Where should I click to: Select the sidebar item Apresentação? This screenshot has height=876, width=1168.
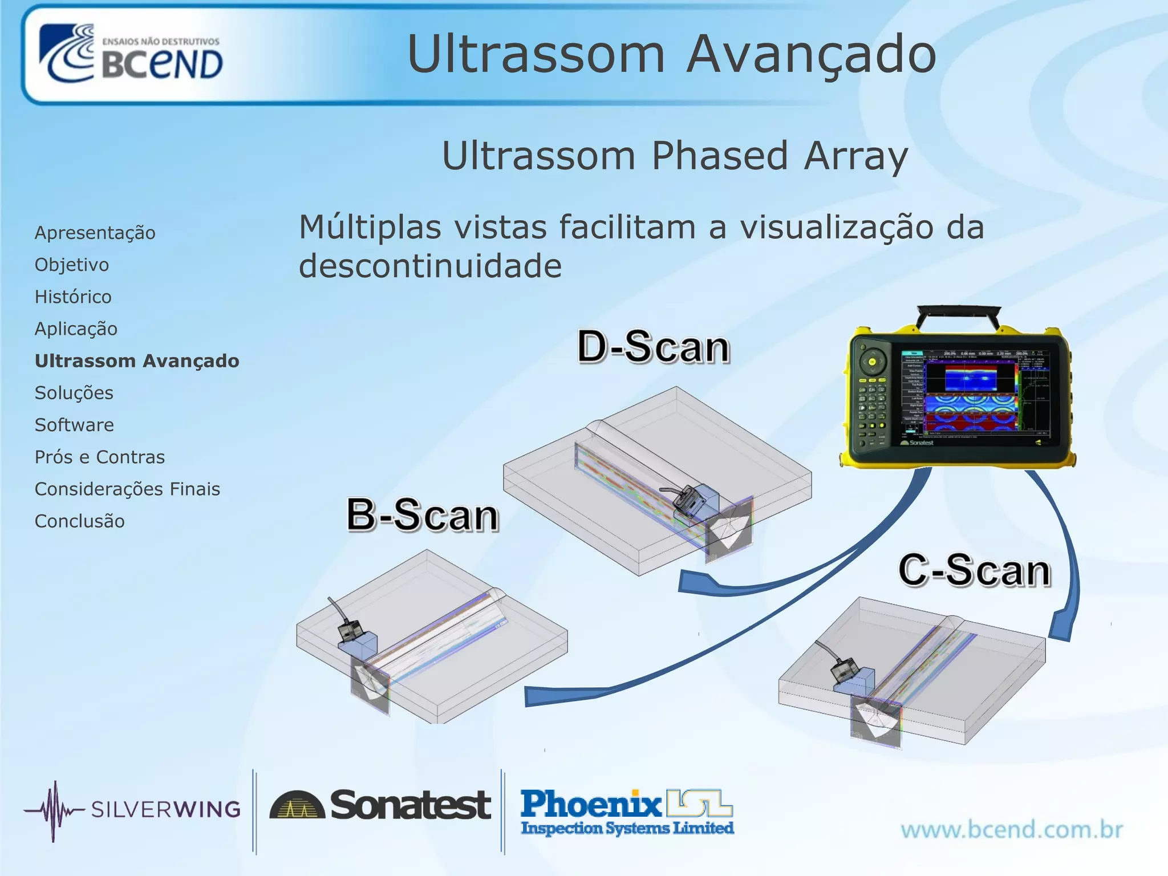95,233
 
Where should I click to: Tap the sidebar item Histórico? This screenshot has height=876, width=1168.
73,297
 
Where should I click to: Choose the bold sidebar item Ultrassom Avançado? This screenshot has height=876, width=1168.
137,361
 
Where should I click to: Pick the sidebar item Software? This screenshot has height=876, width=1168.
74,425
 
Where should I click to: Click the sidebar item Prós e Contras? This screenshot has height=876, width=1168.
100,457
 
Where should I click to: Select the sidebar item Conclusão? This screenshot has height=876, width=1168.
79,521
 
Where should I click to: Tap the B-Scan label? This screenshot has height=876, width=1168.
423,515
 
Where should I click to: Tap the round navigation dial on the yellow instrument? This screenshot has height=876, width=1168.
872,362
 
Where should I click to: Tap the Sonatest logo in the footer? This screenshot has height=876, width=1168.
380,805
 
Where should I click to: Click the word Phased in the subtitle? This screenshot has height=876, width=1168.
720,156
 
